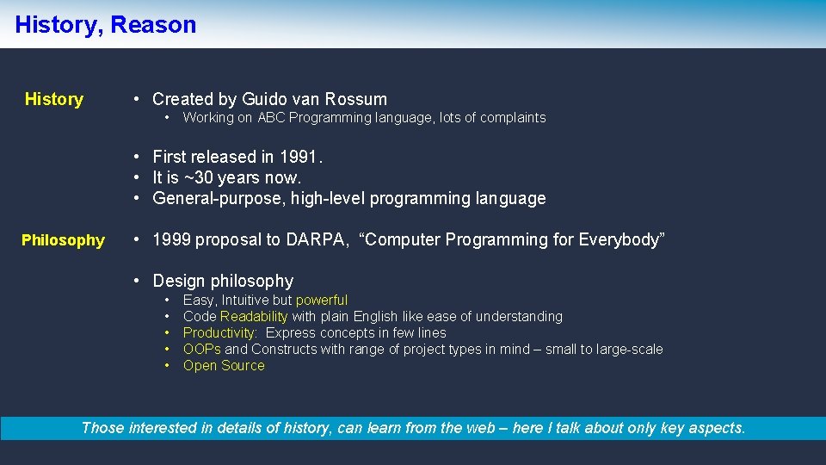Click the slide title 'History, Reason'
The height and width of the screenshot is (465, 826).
(x=106, y=25)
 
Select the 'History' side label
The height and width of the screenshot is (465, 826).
(x=53, y=99)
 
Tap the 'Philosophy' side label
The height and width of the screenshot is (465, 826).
(x=63, y=240)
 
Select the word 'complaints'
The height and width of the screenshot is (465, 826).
(x=514, y=118)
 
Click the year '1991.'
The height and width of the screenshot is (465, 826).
(x=303, y=157)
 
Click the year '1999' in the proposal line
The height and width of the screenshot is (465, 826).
(x=171, y=239)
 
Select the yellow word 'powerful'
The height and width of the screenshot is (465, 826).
(x=322, y=301)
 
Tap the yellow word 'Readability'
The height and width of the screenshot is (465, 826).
(x=254, y=317)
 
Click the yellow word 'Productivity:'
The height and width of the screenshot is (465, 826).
(x=220, y=333)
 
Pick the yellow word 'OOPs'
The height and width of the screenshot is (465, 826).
(x=202, y=350)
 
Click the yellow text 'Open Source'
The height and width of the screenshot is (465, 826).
(x=224, y=366)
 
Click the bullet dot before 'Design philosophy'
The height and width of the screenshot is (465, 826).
(x=136, y=281)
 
